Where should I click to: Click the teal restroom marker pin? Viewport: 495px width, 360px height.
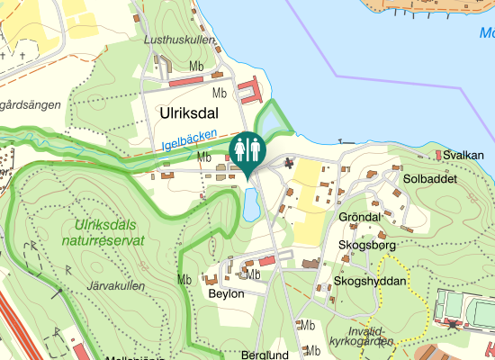pos(246,150)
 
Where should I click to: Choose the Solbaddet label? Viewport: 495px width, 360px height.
pos(431,179)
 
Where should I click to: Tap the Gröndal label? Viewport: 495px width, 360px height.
pos(361,218)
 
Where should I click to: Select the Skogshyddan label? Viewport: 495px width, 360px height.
pos(370,282)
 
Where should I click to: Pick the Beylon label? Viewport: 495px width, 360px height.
pos(226,294)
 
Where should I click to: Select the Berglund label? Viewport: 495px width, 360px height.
pos(264,355)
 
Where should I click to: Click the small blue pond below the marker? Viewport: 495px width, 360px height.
pos(250,203)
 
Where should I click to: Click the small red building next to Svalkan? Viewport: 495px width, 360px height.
pos(439,156)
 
